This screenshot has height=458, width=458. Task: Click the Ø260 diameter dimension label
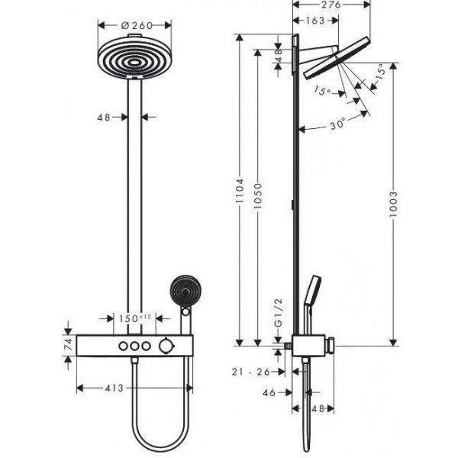137,26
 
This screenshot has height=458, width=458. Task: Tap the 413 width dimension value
114,389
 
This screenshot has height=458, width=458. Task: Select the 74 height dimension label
69,344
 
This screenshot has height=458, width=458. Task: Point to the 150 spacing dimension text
128,318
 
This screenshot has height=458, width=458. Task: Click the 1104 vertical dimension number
240,190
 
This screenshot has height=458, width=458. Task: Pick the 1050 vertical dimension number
258,195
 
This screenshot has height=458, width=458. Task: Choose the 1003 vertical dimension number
393,204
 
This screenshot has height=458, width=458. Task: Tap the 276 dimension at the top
332,5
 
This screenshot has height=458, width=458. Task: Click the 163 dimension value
315,21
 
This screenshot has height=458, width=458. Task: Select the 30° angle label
337,124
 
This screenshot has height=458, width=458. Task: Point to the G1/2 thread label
279,313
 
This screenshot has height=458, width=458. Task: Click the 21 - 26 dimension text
251,372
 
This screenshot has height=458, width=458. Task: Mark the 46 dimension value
269,393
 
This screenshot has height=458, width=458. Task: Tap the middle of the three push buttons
134,346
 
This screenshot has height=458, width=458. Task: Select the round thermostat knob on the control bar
166,346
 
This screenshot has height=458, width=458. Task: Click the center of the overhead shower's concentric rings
134,63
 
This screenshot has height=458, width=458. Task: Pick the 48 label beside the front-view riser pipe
104,118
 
